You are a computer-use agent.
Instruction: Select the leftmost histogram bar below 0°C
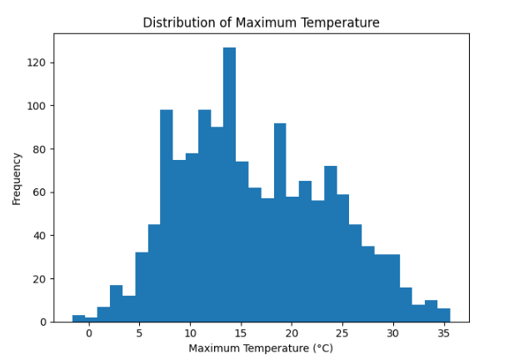pos(78,318)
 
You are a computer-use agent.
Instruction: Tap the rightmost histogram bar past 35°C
pos(444,315)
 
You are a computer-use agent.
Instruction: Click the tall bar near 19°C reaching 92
pos(280,225)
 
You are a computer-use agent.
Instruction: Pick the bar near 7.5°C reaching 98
pos(167,217)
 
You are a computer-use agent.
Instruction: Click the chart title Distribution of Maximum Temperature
pos(261,22)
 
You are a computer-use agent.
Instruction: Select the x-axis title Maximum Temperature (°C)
pos(261,347)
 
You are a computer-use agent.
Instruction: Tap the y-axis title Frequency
pos(17,177)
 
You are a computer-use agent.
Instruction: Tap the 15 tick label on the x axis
pos(242,332)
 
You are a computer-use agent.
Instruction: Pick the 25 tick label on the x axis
pos(342,332)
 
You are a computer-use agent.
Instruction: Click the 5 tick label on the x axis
pos(141,332)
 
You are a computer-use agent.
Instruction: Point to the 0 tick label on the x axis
pos(91,332)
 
